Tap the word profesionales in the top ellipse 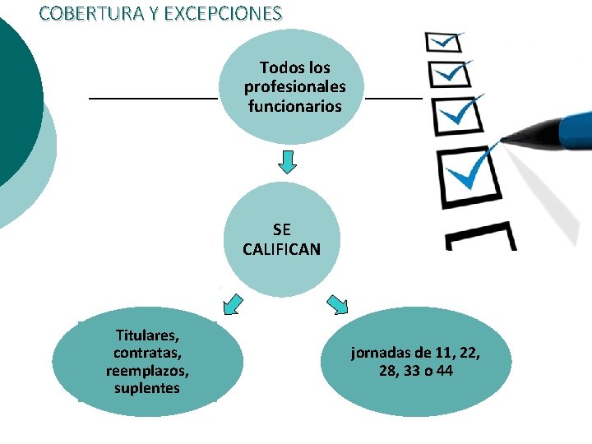point(294,86)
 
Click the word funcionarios point(294,106)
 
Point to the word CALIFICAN point(281,248)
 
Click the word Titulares point(148,335)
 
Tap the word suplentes point(148,387)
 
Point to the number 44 point(444,371)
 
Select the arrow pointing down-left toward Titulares point(233,304)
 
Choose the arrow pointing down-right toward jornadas point(338,304)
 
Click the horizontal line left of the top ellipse point(153,98)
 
